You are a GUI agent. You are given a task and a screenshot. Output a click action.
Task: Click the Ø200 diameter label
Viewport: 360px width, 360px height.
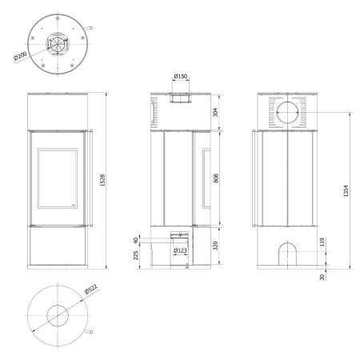point(20,56)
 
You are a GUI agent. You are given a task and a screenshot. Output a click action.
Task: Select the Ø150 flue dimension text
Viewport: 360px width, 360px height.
point(181,76)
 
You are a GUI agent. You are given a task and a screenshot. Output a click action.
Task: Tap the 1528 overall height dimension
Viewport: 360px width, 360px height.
point(102,180)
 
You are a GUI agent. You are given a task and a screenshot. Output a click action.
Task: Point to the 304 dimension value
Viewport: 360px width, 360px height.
point(215,112)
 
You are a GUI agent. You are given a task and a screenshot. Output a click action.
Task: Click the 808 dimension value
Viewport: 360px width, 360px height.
point(216,178)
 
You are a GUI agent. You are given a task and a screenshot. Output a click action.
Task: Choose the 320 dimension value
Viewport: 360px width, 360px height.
point(215,246)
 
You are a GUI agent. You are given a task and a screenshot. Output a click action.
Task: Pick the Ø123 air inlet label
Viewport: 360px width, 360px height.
point(180,250)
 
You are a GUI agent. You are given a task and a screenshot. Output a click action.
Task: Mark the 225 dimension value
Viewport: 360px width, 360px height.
point(136,255)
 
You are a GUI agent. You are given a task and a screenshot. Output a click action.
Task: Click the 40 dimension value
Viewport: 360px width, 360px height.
point(136,240)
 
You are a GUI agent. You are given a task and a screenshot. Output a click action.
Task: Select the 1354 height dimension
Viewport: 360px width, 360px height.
point(346,191)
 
